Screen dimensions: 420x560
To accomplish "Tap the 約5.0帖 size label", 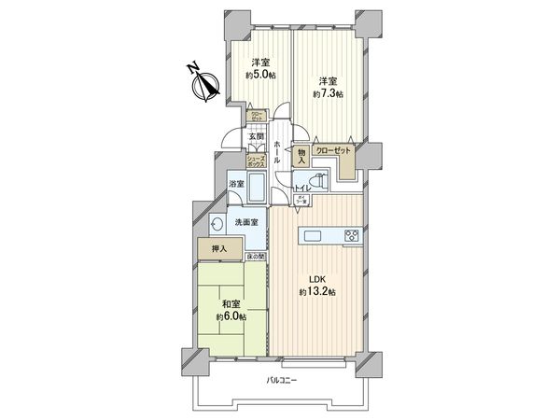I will tap(260, 75).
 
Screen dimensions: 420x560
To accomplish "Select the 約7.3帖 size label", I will tap(329, 94).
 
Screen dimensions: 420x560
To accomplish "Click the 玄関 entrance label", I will tap(255, 137).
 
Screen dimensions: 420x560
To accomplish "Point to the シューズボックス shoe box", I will tap(258, 161).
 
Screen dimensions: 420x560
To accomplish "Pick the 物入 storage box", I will tap(301, 156).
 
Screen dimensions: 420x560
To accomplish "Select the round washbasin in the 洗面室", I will tap(217, 224).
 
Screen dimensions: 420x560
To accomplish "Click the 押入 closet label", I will tap(217, 249).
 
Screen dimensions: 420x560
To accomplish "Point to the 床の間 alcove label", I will tap(257, 257).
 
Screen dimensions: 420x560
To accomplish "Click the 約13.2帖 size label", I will tap(317, 292).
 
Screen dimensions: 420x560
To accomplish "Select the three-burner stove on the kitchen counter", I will tap(353, 235).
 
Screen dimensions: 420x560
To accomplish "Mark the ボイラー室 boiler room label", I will tap(301, 201).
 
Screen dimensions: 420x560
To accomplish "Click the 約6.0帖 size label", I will tap(232, 316).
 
